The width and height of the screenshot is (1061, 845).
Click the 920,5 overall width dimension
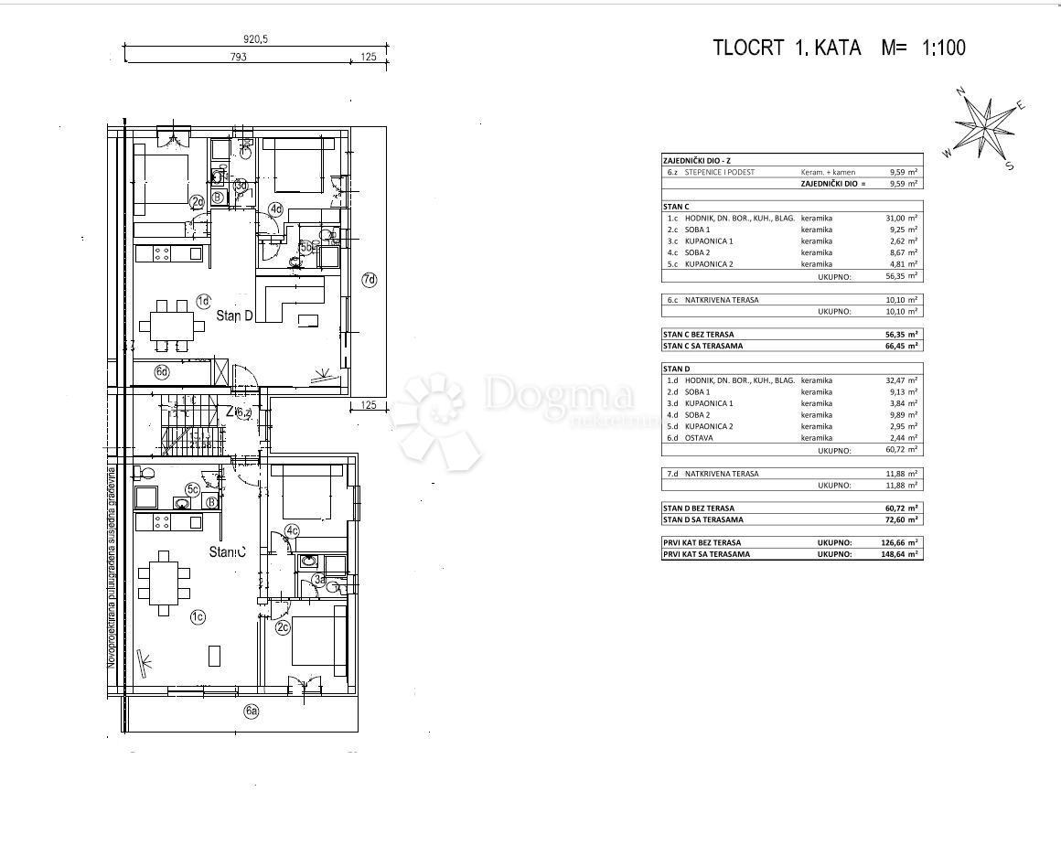[255, 39]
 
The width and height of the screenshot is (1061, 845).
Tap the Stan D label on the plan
[235, 316]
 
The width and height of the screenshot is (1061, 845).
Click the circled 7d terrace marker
[369, 280]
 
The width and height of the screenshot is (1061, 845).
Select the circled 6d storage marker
[161, 371]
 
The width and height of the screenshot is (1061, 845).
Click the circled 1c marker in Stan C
[197, 617]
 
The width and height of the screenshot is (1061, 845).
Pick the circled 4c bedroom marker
[292, 530]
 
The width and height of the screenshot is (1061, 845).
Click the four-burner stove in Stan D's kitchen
[162, 252]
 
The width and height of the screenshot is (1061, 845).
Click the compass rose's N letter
[961, 91]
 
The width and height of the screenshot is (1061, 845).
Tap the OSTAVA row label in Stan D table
[701, 438]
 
